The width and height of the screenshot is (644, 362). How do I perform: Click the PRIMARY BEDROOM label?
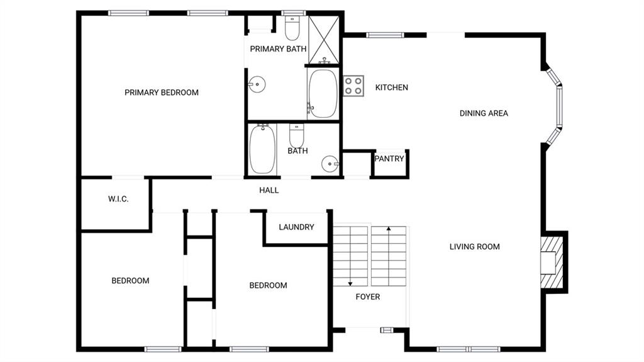[x=162, y=93]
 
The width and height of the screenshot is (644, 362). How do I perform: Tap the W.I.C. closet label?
[x=118, y=199]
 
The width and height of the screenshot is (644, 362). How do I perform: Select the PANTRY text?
[x=389, y=159]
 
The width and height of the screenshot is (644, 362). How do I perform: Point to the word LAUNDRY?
[x=296, y=227]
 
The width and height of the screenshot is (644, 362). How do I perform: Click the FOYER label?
[x=367, y=297]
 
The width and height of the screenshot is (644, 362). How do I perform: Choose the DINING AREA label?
[x=484, y=113]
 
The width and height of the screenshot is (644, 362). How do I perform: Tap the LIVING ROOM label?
[x=474, y=247]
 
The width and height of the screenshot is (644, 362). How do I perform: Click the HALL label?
[x=269, y=191]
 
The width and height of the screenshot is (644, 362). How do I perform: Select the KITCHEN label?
[x=391, y=88]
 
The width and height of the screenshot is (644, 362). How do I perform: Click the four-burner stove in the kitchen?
[x=353, y=86]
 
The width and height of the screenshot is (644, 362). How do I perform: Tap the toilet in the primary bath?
[x=292, y=28]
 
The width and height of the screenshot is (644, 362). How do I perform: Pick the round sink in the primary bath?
[x=257, y=85]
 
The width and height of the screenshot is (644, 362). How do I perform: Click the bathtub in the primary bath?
[x=323, y=94]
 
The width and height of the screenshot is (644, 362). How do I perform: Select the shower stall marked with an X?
[x=324, y=40]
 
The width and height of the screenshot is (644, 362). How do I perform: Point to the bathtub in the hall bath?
[x=262, y=149]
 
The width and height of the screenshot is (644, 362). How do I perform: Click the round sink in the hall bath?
[x=330, y=164]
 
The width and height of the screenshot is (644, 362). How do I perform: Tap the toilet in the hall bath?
[x=297, y=136]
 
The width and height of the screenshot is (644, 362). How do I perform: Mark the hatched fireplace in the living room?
[x=551, y=262]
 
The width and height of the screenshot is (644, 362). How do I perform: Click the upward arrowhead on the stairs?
[x=389, y=229]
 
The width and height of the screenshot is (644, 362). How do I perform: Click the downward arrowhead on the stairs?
[x=350, y=283]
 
